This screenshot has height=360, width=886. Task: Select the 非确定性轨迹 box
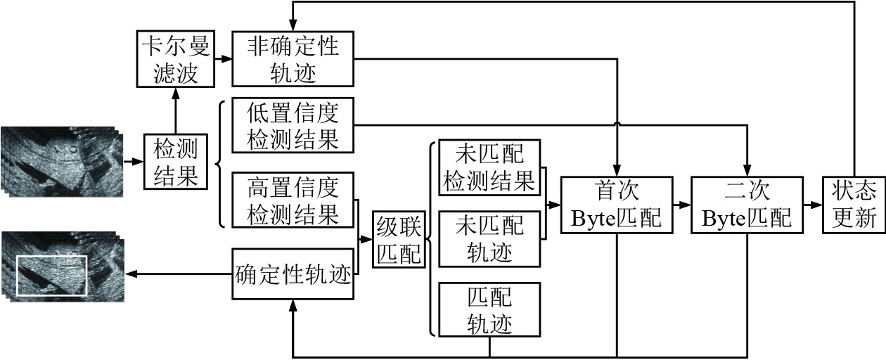(x=293, y=59)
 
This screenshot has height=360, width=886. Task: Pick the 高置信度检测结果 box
(x=293, y=200)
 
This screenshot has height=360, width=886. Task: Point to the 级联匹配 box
(x=398, y=239)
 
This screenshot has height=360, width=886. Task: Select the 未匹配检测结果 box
(x=489, y=168)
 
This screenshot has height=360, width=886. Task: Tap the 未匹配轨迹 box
(x=489, y=238)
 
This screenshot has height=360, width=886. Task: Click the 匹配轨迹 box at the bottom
(x=489, y=309)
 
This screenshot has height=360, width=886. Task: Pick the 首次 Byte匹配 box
(x=616, y=205)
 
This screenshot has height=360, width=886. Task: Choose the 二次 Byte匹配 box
(x=747, y=205)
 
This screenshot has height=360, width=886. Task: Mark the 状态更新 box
(x=854, y=205)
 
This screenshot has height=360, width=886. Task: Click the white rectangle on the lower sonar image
(x=51, y=275)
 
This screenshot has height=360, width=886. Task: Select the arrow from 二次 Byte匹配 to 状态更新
(x=813, y=205)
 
